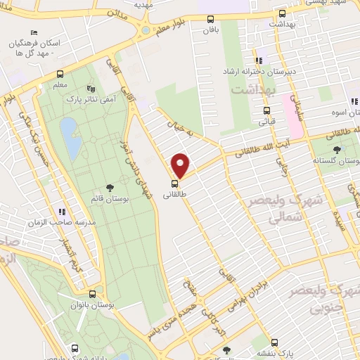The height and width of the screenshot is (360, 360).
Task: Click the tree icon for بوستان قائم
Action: point(110,187)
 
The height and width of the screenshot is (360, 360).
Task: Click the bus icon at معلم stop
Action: point(60,74)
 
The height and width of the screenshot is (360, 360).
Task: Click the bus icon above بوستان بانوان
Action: point(92,295)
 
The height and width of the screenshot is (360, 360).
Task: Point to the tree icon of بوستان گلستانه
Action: point(337,149)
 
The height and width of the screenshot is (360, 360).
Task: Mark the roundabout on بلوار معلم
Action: point(145,30)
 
